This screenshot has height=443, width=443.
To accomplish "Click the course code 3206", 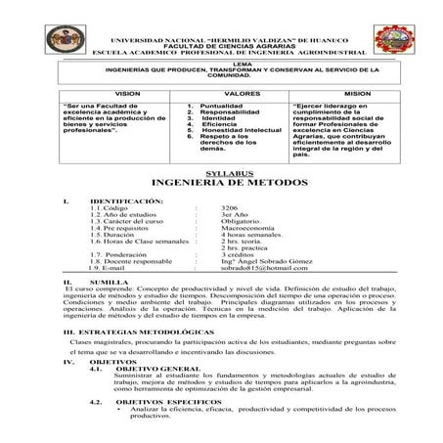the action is (231, 237).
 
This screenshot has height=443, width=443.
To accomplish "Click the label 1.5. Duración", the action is (112, 263).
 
